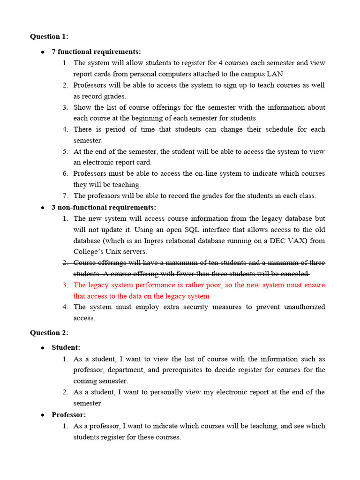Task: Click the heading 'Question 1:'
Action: pyautogui.click(x=49, y=37)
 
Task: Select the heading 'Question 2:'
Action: pyautogui.click(x=49, y=333)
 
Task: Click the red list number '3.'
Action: pyautogui.click(x=66, y=285)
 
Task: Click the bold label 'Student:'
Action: pyautogui.click(x=66, y=347)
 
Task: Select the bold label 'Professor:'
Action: pyautogui.click(x=68, y=415)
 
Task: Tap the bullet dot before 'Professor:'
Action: pyautogui.click(x=43, y=415)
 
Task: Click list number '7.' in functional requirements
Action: pyautogui.click(x=66, y=196)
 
